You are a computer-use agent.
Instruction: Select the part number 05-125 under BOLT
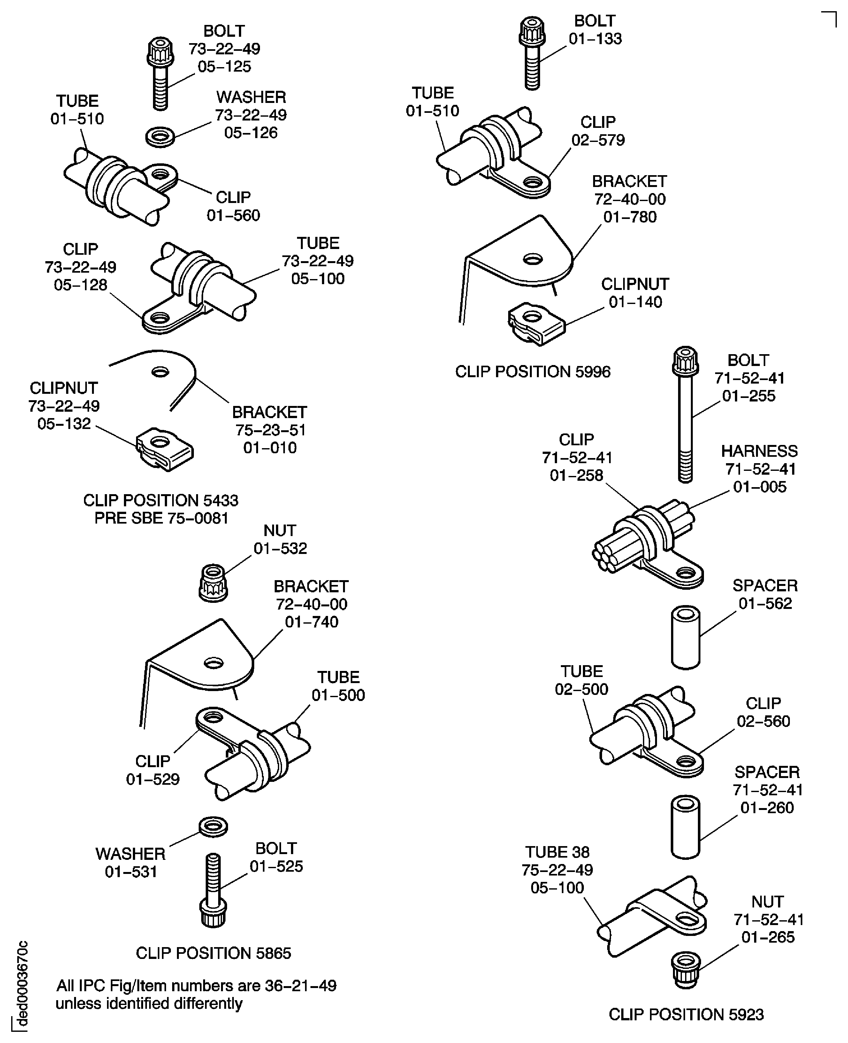224,66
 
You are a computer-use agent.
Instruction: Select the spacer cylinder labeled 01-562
685,637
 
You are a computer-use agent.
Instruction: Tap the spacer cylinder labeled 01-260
685,827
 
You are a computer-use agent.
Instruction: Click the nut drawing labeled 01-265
686,970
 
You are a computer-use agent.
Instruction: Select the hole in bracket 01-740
213,663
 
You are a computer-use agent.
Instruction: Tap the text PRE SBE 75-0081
161,518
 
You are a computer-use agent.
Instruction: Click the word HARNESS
759,451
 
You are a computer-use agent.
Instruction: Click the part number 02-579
598,140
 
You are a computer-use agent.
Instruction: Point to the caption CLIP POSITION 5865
213,953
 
